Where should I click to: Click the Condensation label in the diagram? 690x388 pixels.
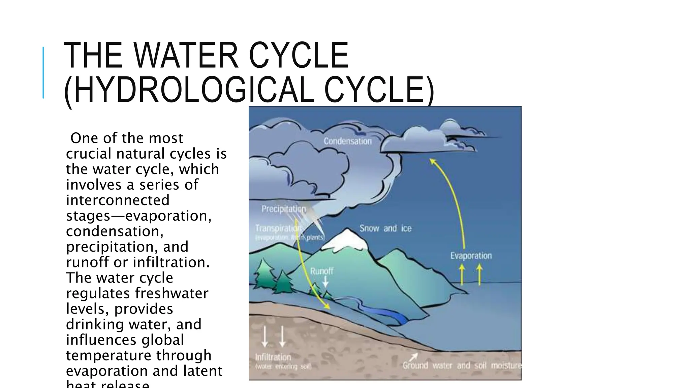coord(348,141)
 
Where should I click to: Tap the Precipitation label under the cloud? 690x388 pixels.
coord(284,209)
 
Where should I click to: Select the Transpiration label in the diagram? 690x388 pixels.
coord(278,228)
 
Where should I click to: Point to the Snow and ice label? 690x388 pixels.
coord(385,228)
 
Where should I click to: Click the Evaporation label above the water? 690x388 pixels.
coord(471,256)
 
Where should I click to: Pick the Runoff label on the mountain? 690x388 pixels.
coord(322,271)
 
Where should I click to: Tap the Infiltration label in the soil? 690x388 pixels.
coord(273,357)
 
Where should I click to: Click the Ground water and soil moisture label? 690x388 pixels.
coord(462,365)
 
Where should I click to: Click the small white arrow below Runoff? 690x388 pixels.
coord(325,281)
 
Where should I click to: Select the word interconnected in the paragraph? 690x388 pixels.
coord(118,200)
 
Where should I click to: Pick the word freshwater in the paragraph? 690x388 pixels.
coord(172,293)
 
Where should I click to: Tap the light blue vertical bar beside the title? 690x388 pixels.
coord(43,72)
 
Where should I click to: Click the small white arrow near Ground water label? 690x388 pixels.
coord(414,356)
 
